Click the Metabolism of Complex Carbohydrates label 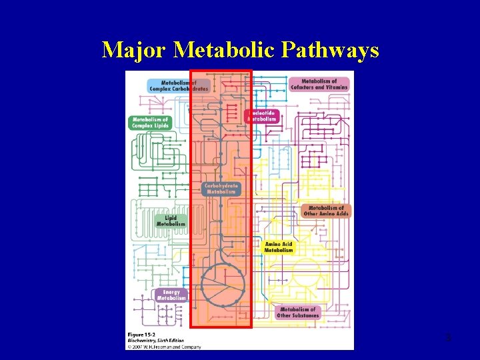[178, 85]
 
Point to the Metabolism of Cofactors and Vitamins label [319, 84]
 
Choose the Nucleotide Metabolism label [262, 116]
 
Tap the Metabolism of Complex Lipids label [149, 123]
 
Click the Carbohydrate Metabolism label [221, 189]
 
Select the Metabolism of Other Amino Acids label [325, 211]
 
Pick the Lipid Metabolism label [171, 221]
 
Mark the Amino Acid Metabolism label [279, 247]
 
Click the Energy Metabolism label [171, 295]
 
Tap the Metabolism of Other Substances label [299, 312]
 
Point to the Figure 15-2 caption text [143, 333]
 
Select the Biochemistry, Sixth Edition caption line [155, 340]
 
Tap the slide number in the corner [448, 339]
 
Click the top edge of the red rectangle [221, 70]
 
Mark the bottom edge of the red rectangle [221, 327]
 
